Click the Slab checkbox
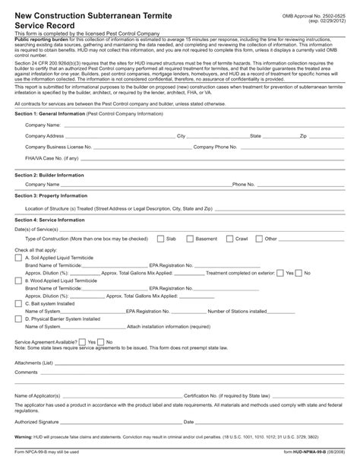pos(160,238)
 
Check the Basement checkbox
pos(190,238)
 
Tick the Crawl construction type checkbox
pos(229,238)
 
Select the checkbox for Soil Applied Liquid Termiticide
pos(18,257)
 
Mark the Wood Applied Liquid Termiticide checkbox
pos(18,281)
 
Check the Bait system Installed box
pos(18,303)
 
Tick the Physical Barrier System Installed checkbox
pos(18,319)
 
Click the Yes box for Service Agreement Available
pos(82,342)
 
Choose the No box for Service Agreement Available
pos(100,342)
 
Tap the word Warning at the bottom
pos(24,439)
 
